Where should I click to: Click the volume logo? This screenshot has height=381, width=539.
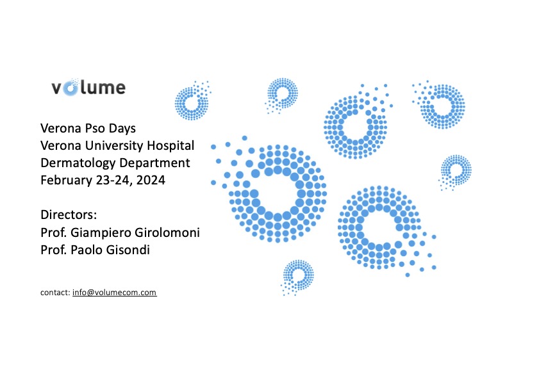point(88,87)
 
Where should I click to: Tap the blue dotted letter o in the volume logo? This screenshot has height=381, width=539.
point(70,88)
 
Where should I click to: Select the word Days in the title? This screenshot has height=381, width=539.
point(122,129)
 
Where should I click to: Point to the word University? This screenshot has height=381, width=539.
point(115,145)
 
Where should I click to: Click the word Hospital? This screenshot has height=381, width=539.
point(171,146)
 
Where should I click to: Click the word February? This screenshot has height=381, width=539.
point(67,181)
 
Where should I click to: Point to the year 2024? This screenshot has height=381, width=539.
point(151,181)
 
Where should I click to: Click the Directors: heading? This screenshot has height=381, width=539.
point(69,215)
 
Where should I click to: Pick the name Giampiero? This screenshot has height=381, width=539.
point(101,232)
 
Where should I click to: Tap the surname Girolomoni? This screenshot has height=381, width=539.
point(167,232)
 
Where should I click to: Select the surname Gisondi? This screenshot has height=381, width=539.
point(128,250)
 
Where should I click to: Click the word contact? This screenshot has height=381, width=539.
point(55,293)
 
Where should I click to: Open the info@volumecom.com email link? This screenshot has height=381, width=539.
point(115,293)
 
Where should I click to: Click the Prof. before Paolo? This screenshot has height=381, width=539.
point(54,250)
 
